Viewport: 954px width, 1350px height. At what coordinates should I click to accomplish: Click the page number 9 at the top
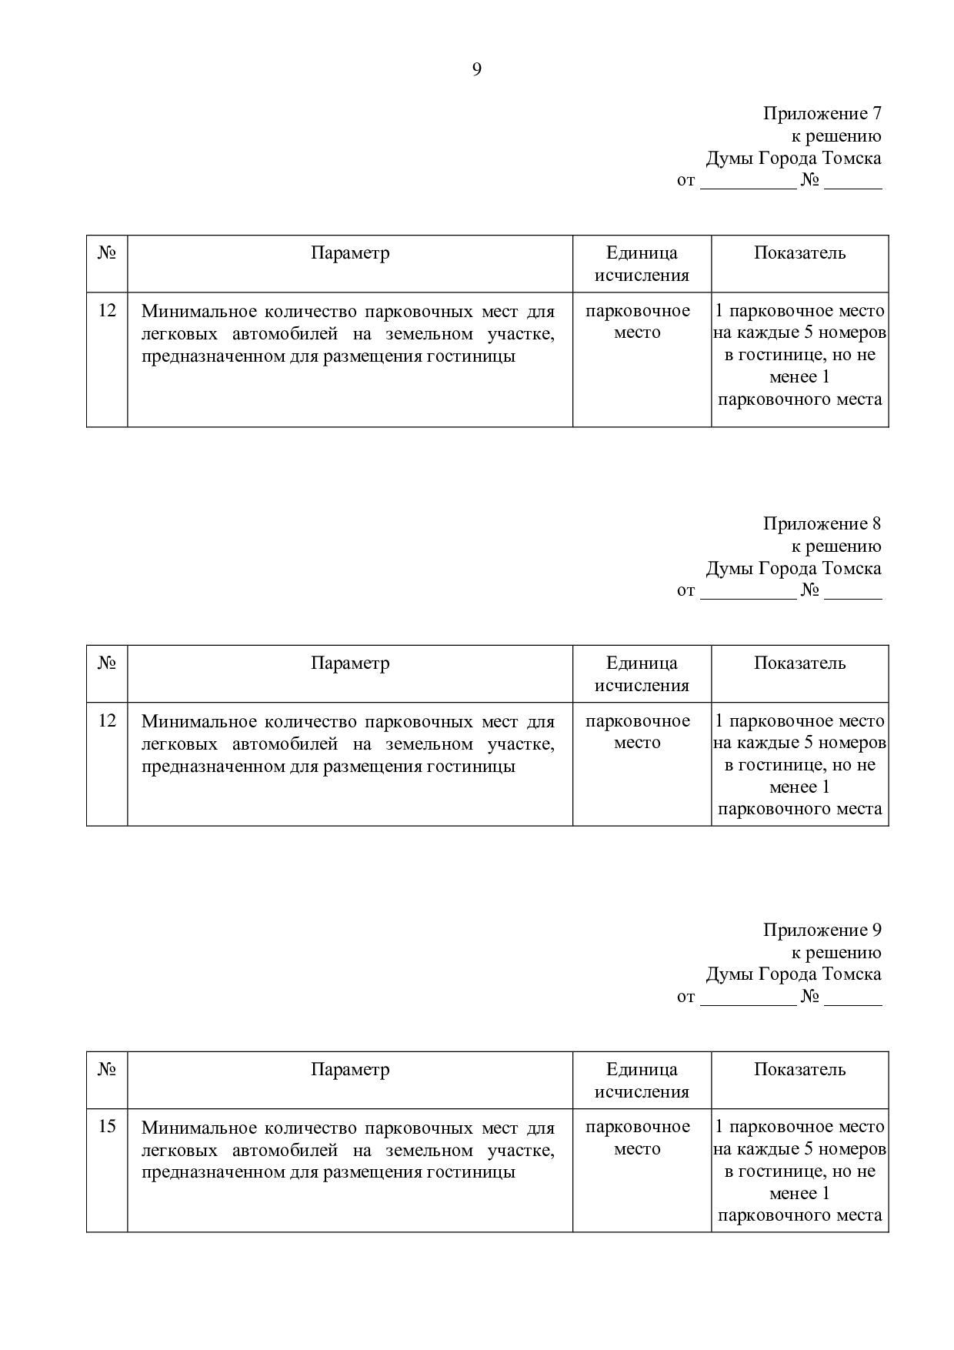click(476, 70)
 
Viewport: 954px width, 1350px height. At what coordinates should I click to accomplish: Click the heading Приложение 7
click(821, 114)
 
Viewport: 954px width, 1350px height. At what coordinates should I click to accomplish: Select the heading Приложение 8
click(821, 524)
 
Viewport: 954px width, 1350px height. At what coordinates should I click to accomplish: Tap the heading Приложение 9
click(821, 931)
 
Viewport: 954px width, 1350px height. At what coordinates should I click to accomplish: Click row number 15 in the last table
click(107, 1127)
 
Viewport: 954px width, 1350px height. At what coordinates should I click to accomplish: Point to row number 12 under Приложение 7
click(107, 311)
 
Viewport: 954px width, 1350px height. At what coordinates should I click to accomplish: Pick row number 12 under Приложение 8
click(107, 721)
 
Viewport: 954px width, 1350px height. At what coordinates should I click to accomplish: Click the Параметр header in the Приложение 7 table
click(350, 253)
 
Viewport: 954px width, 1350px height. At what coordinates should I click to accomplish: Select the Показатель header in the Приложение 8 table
click(799, 663)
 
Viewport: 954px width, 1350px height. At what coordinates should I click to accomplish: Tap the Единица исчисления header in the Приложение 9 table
click(642, 1081)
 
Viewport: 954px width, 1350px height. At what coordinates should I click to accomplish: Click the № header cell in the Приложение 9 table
click(107, 1070)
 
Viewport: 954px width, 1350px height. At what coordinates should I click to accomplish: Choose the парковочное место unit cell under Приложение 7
click(638, 322)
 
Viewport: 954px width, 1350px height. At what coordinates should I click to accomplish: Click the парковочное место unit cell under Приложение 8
click(638, 732)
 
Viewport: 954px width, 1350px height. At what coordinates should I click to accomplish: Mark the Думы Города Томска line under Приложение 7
click(793, 159)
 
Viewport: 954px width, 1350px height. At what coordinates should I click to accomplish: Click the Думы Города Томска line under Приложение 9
click(793, 975)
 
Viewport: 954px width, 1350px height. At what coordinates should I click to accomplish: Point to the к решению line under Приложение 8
click(836, 546)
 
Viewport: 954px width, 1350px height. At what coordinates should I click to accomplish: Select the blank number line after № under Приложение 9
click(853, 999)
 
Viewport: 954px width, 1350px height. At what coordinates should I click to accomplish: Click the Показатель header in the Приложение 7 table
click(799, 253)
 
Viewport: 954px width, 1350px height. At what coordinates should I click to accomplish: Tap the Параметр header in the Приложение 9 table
click(350, 1070)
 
